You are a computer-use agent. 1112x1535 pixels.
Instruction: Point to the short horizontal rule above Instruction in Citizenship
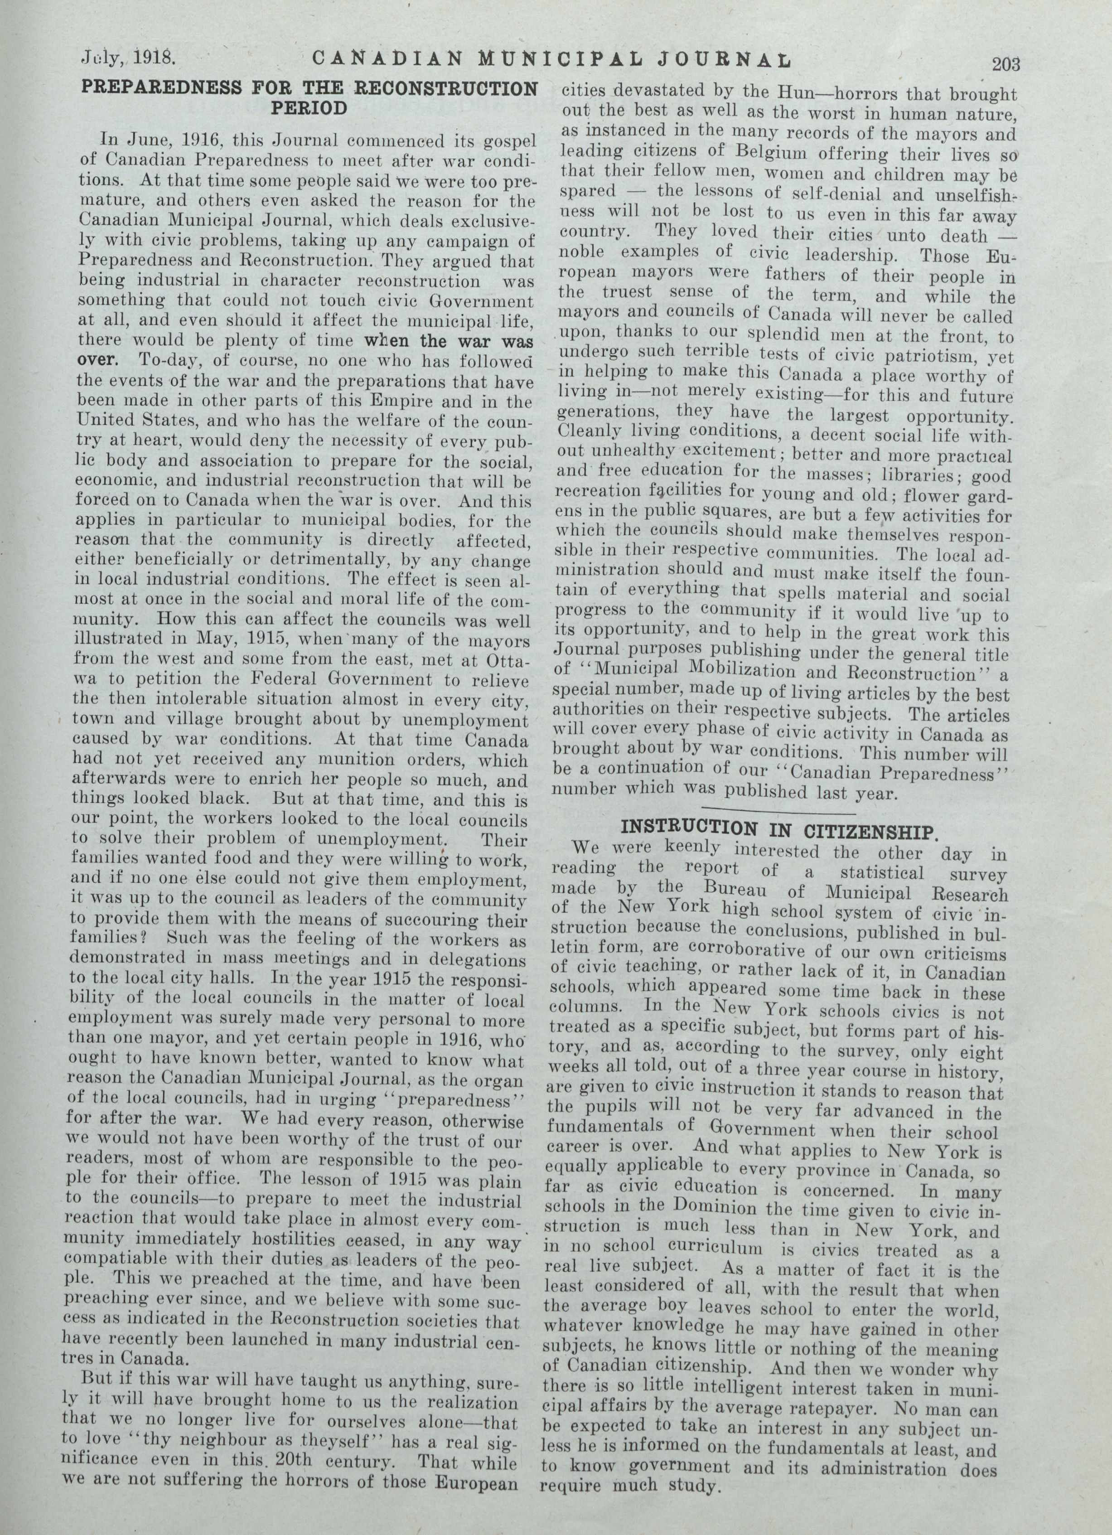[x=779, y=809]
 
